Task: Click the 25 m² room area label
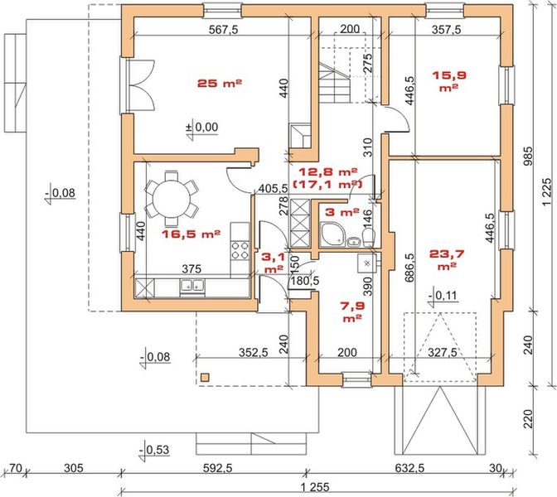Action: click(220, 84)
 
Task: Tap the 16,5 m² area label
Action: click(191, 234)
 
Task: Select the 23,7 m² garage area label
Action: click(447, 260)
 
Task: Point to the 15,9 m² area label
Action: click(449, 81)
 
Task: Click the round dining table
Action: click(172, 199)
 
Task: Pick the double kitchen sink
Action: click(191, 286)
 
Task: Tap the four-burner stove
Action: click(240, 250)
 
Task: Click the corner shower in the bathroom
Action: click(332, 234)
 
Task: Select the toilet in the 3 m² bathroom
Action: click(369, 236)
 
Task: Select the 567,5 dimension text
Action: click(223, 30)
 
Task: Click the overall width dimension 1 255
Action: click(315, 486)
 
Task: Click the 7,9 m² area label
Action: click(352, 311)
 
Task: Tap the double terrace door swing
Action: click(140, 84)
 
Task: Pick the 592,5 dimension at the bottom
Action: click(218, 468)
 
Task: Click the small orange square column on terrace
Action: click(205, 378)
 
